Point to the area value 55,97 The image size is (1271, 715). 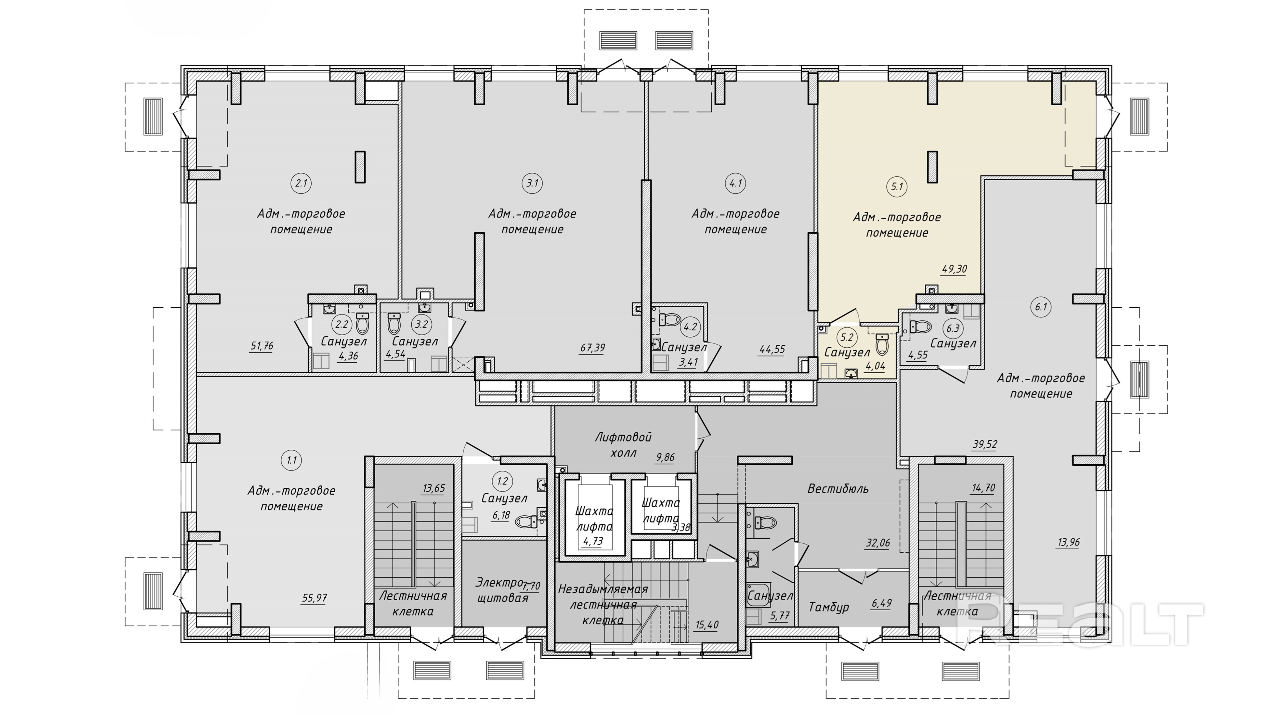tap(314, 598)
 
